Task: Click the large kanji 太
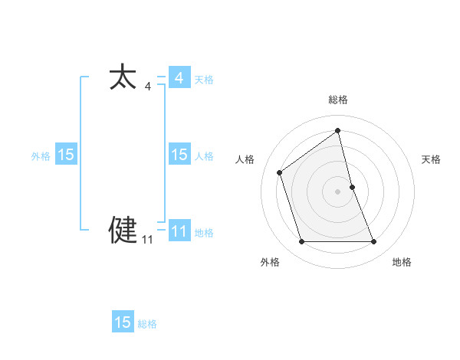(x=123, y=78)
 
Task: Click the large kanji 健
(x=123, y=230)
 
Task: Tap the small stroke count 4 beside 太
(x=147, y=87)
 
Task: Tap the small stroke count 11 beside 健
(x=147, y=240)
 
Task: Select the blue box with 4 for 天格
(x=179, y=78)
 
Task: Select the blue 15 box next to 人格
(x=179, y=155)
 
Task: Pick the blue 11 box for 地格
(x=179, y=231)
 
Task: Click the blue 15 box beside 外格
(x=66, y=155)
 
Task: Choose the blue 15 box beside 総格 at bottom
(x=123, y=322)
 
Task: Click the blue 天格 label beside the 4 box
(x=204, y=80)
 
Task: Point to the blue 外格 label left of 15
(x=41, y=156)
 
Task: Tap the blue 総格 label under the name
(x=147, y=324)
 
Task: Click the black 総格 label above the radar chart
(x=338, y=100)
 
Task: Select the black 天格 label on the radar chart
(x=432, y=159)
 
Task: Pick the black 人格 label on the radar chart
(x=245, y=159)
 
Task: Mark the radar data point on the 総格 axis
(x=338, y=131)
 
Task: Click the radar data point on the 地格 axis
(x=374, y=242)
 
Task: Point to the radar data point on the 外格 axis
(x=301, y=242)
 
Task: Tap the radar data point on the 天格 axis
(x=352, y=187)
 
